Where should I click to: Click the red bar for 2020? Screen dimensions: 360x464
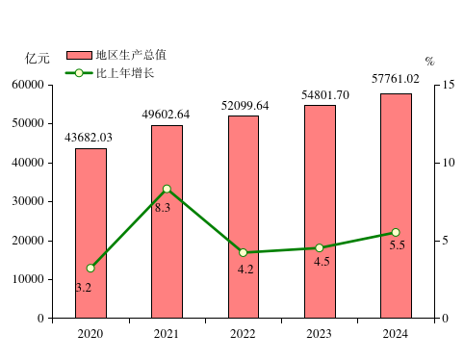[90, 233]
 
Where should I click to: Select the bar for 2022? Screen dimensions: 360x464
[243, 217]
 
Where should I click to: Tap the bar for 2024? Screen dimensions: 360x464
[396, 205]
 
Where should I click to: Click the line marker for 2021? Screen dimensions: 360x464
[167, 189]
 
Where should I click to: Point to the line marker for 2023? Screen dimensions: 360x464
[319, 247]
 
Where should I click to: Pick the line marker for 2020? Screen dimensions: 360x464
[90, 268]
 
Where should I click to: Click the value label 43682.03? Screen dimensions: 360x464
[89, 138]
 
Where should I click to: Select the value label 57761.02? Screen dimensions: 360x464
[396, 79]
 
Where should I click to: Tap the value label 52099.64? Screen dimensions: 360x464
[243, 105]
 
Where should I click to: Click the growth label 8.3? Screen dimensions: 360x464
[162, 207]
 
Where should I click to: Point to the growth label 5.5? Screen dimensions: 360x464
[397, 245]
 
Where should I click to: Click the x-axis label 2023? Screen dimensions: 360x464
[319, 333]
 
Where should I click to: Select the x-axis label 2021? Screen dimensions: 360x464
[167, 333]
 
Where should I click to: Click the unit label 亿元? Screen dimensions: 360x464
[38, 58]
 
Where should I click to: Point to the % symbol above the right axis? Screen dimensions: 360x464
[429, 62]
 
